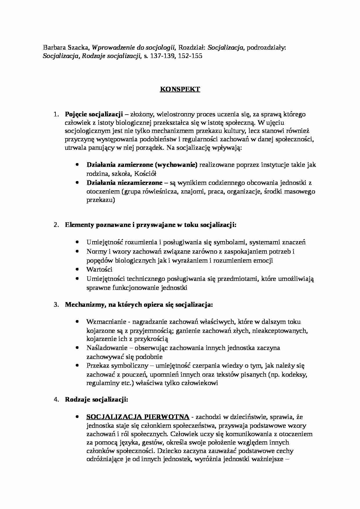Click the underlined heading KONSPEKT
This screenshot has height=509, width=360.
point(180,89)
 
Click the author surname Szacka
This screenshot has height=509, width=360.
point(79,48)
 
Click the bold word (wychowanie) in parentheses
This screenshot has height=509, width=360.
point(176,165)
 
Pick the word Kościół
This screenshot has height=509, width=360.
point(146,174)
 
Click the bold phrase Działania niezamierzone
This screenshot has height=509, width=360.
point(124,183)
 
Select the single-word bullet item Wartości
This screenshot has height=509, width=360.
point(99,269)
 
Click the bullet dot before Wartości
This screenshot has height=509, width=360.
point(77,269)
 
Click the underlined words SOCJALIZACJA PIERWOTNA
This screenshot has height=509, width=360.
point(138,417)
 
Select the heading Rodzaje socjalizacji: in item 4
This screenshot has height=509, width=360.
point(96,400)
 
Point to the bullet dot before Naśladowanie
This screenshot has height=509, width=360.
point(77,347)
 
